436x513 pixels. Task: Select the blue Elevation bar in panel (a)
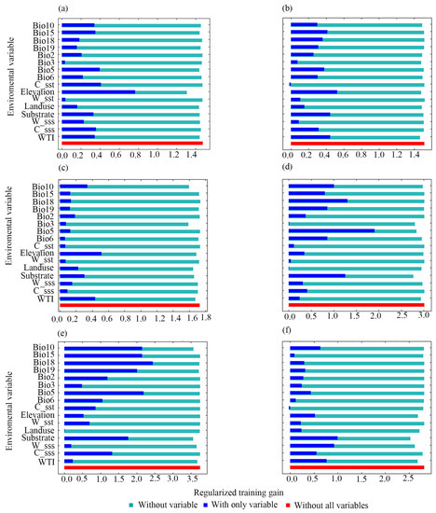point(99,91)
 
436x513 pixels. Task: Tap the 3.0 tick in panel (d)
point(423,316)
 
